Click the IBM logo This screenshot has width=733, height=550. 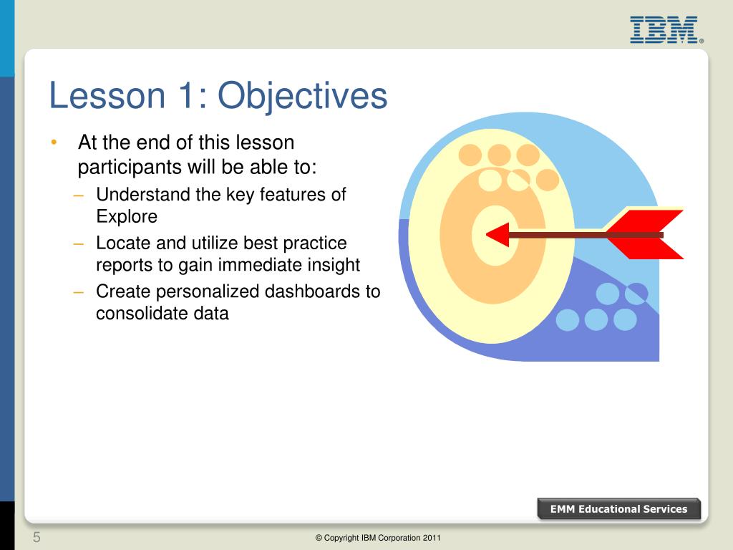(666, 30)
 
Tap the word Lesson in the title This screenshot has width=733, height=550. (107, 96)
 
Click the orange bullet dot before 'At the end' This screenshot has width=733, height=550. (54, 142)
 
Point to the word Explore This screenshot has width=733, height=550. (127, 217)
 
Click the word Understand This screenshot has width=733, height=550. (143, 194)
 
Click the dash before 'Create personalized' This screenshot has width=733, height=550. (79, 292)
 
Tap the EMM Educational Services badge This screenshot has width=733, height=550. (619, 509)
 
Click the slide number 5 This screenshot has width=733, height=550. (37, 537)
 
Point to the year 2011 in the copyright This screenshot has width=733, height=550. (432, 538)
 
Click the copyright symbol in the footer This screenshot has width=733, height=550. (319, 538)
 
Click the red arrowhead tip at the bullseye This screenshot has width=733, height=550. (487, 235)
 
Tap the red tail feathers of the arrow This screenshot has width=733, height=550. (645, 234)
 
